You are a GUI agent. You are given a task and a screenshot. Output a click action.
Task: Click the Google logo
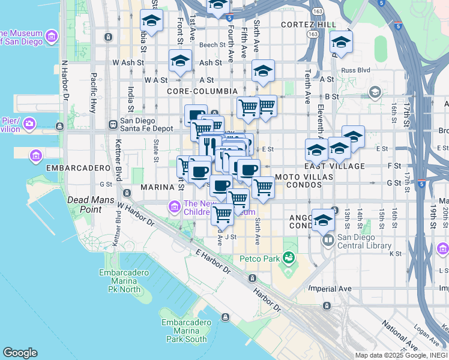tap(20, 352)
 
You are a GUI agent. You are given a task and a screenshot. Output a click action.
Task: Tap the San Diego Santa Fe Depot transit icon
tap(112, 125)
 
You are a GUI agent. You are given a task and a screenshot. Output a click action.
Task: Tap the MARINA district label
tap(157, 187)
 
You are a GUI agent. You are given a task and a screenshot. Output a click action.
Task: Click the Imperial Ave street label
tap(330, 289)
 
